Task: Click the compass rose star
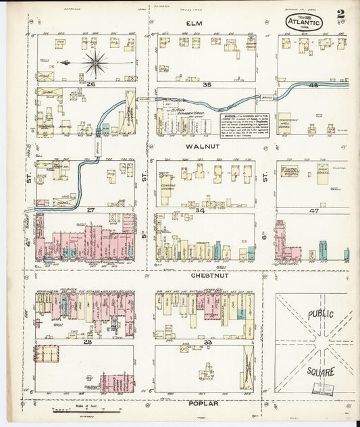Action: [x=96, y=64]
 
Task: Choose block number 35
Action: [x=207, y=85]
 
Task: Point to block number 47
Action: [x=313, y=211]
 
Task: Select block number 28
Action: [x=87, y=343]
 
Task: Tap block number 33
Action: [x=209, y=343]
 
